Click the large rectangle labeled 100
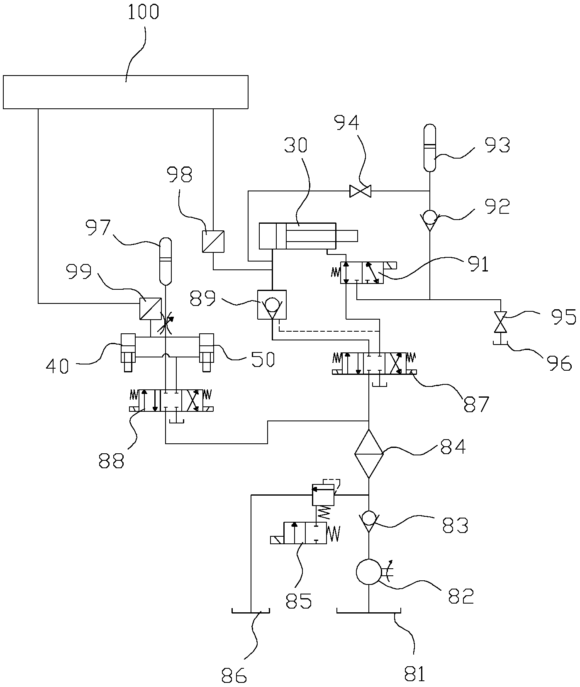(x=125, y=92)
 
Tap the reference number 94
(x=348, y=123)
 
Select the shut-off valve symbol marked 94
(x=360, y=191)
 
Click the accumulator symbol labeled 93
(x=430, y=148)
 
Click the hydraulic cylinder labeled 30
(x=297, y=236)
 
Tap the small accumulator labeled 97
(x=166, y=261)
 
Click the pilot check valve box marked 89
(x=272, y=305)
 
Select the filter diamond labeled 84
(x=369, y=454)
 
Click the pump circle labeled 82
(x=369, y=572)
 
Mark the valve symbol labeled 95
(x=501, y=322)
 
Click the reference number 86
(x=234, y=675)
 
